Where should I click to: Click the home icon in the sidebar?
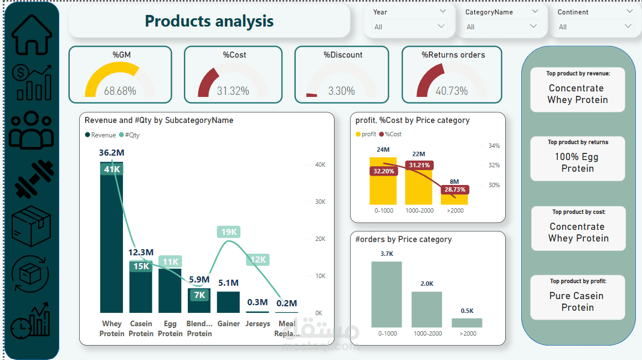coord(32,34)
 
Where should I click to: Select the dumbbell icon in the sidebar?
coord(32,179)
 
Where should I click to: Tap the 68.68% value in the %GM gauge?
coord(120,91)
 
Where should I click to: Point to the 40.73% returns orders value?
coord(451,91)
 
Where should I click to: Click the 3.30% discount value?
coord(341,91)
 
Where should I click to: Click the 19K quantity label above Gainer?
coord(229,232)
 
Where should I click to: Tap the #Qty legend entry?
coord(129,135)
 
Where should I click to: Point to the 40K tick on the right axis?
coord(320,164)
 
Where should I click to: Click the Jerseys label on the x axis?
coord(258,323)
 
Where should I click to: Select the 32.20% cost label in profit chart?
coord(384,172)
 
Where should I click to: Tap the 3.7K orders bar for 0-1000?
coord(387,294)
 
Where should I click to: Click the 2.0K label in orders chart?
coord(427,284)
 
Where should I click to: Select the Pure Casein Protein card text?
coord(577,301)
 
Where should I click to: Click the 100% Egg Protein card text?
coord(577,163)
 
